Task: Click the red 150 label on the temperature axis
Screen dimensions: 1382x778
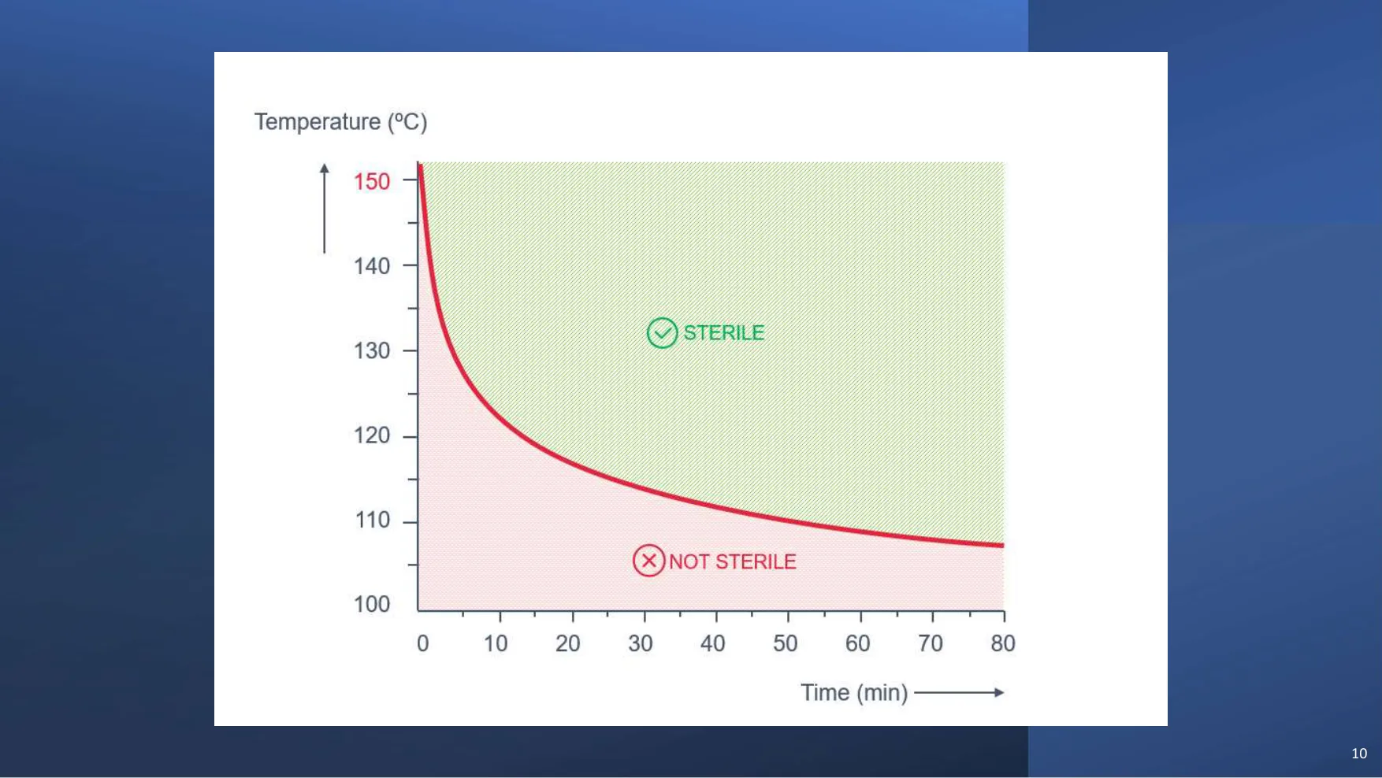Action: (372, 182)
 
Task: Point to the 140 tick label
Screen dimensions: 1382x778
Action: (372, 266)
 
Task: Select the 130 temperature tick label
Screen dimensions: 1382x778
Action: (372, 350)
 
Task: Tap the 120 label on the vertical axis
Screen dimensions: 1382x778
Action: (372, 435)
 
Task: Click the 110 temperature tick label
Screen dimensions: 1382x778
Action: (373, 520)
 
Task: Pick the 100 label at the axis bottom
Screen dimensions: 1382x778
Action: (372, 604)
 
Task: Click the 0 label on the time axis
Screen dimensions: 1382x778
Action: (423, 643)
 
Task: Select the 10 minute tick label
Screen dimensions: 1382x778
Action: (496, 643)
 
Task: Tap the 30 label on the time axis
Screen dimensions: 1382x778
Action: (641, 643)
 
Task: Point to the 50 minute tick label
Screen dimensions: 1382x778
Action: (786, 643)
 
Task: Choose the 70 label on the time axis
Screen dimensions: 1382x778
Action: (931, 643)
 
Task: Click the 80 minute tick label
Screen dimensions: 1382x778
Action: (1003, 643)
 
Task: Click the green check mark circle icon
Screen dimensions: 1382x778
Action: (662, 333)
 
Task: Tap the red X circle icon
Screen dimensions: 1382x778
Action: (649, 561)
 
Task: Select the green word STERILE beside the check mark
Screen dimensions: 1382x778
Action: (724, 333)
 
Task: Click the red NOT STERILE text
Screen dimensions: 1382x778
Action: (733, 561)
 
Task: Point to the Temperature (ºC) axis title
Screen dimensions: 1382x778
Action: (340, 122)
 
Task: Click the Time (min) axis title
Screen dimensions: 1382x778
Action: (854, 693)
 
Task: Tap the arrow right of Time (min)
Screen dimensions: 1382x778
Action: (960, 693)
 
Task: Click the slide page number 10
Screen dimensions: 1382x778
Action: (1359, 754)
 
